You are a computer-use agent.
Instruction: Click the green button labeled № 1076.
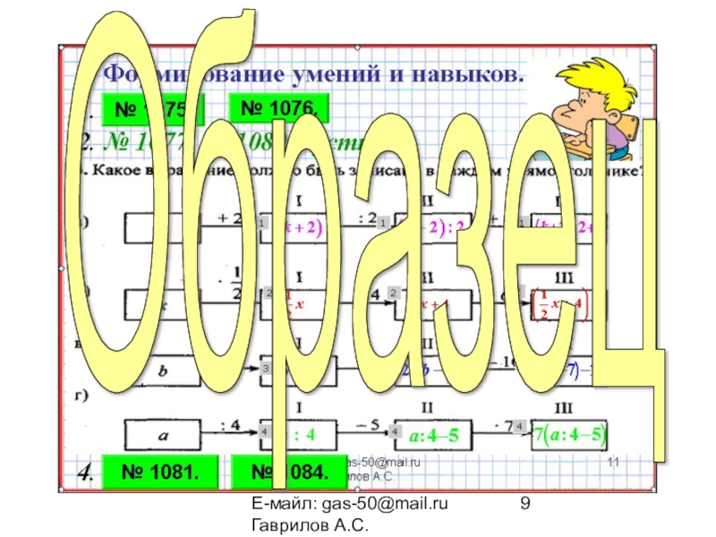(x=280, y=110)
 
